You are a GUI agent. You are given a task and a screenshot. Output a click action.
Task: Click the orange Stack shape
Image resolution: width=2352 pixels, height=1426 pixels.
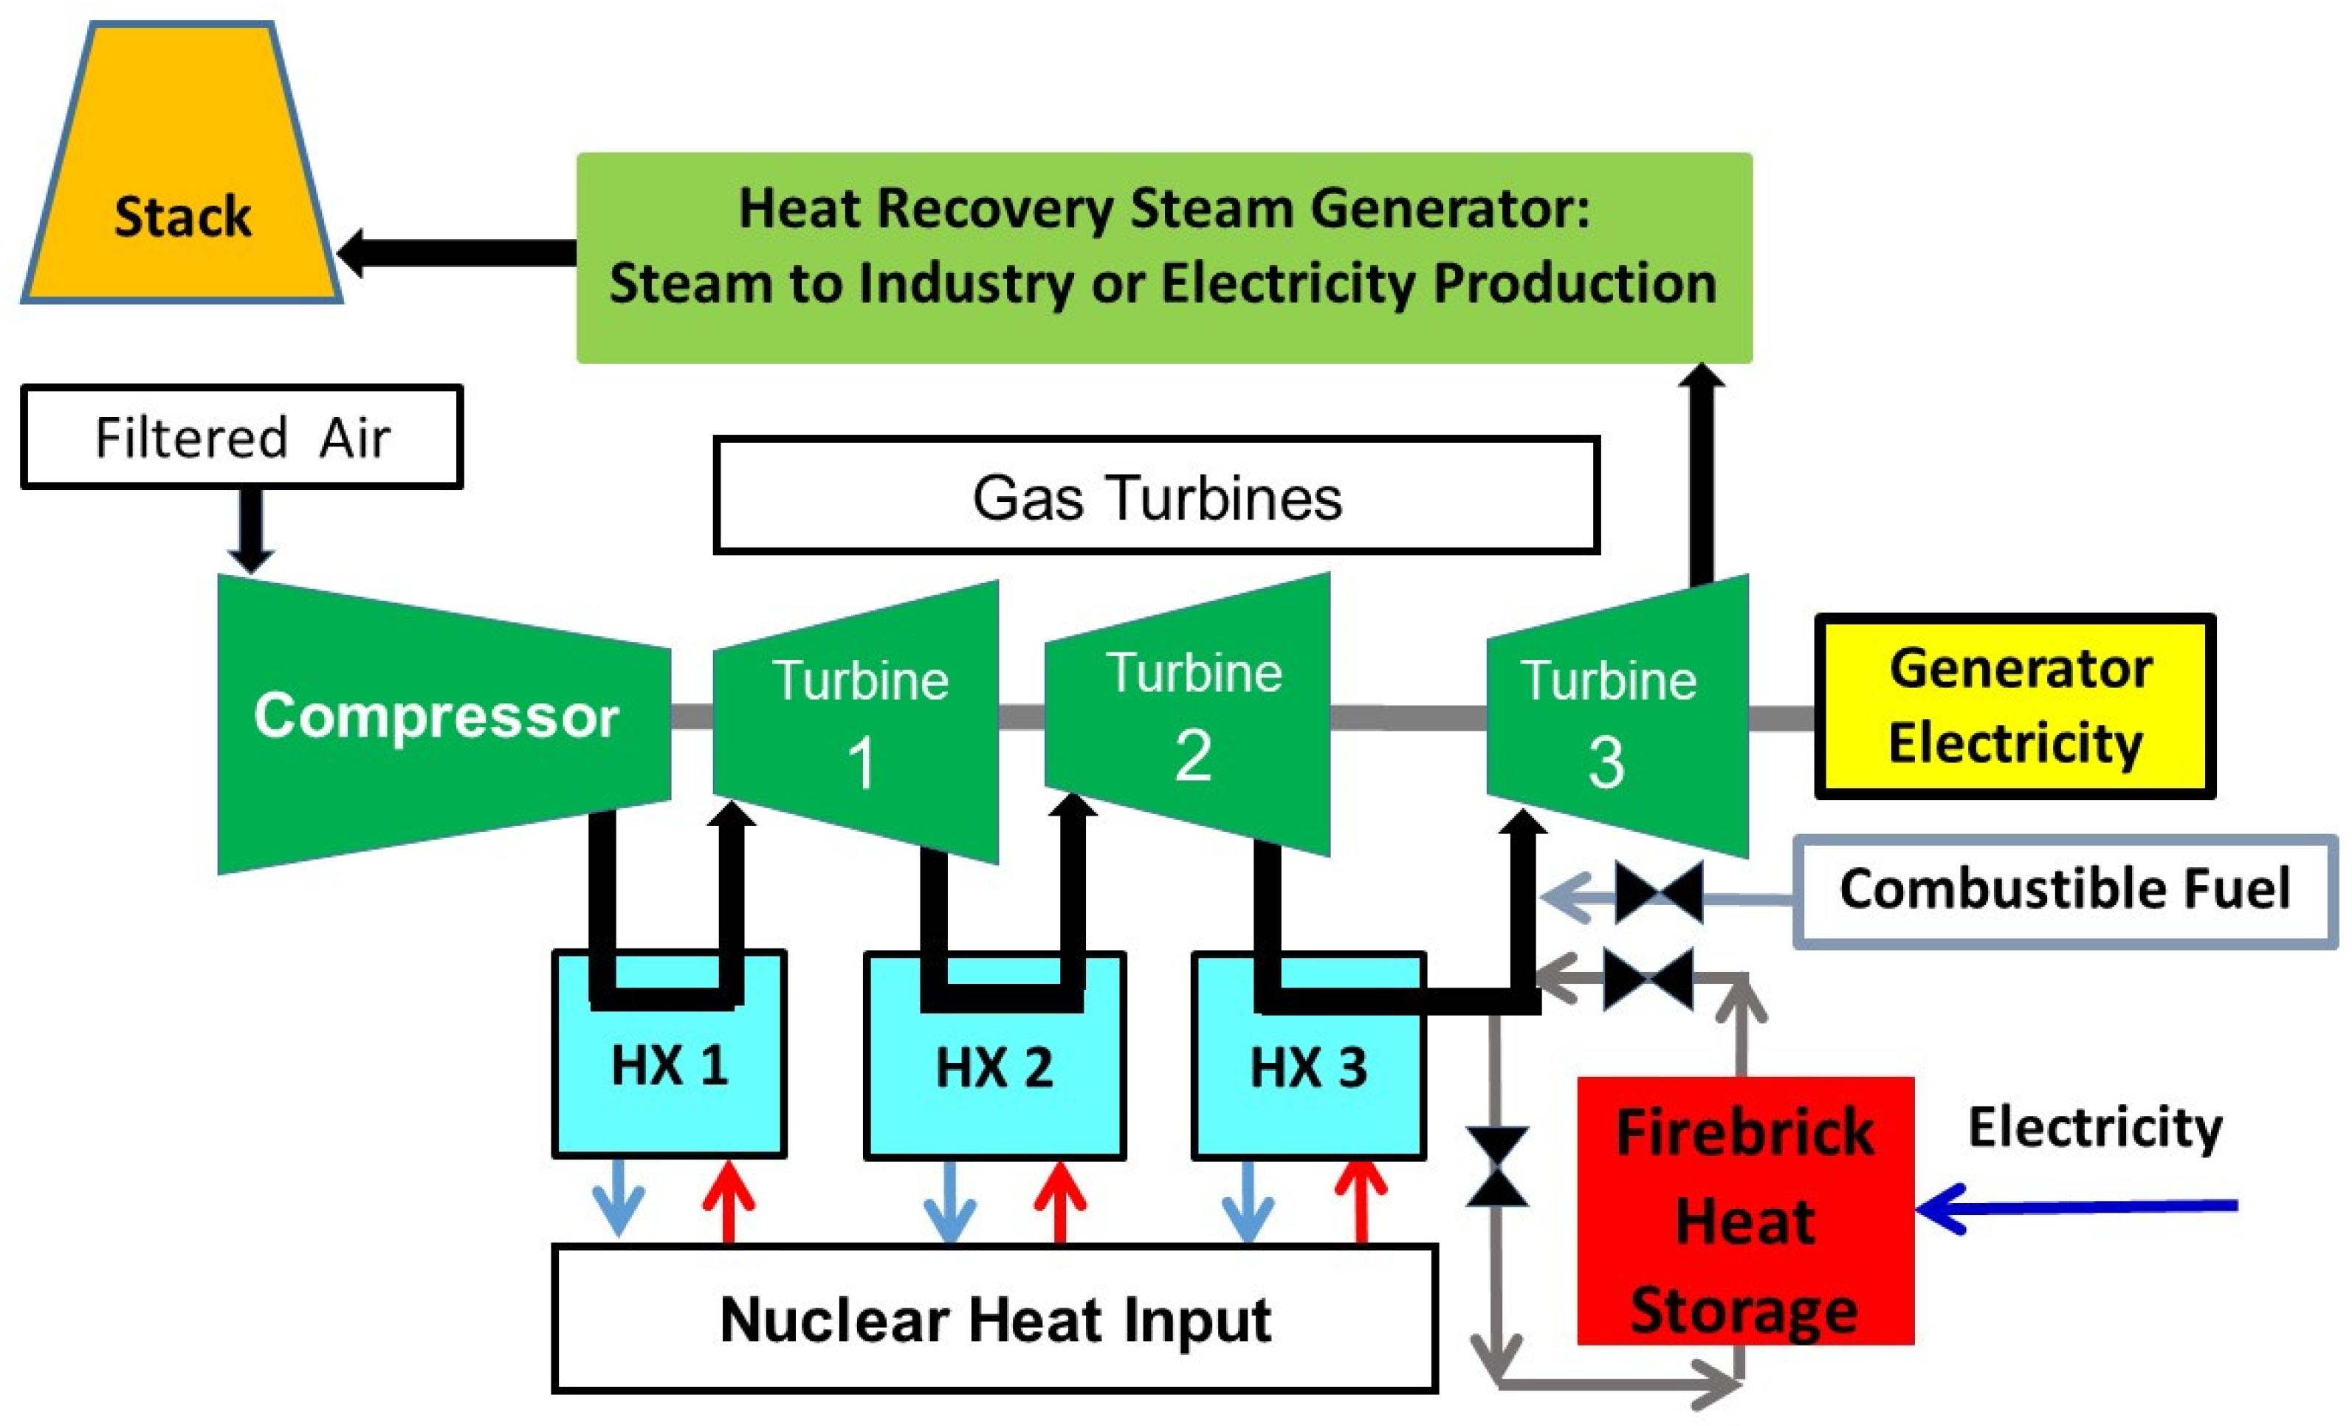pos(182,182)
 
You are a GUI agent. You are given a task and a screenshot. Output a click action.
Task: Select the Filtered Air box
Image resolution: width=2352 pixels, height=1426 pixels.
pos(241,437)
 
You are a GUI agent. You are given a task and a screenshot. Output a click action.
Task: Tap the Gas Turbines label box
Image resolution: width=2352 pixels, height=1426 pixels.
pos(1156,496)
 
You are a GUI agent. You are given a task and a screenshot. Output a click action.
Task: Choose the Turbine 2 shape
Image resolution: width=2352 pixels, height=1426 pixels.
pos(1192,716)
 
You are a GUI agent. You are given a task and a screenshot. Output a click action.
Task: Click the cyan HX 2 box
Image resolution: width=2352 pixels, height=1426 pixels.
pos(994,1078)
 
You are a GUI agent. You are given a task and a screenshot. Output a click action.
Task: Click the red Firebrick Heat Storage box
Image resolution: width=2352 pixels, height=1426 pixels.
pos(1745,1212)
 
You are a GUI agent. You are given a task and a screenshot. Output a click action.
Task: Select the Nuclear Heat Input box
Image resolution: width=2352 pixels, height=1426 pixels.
pos(994,1319)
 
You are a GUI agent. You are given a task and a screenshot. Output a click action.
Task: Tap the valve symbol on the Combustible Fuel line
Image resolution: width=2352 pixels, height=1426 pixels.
pos(1658,893)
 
